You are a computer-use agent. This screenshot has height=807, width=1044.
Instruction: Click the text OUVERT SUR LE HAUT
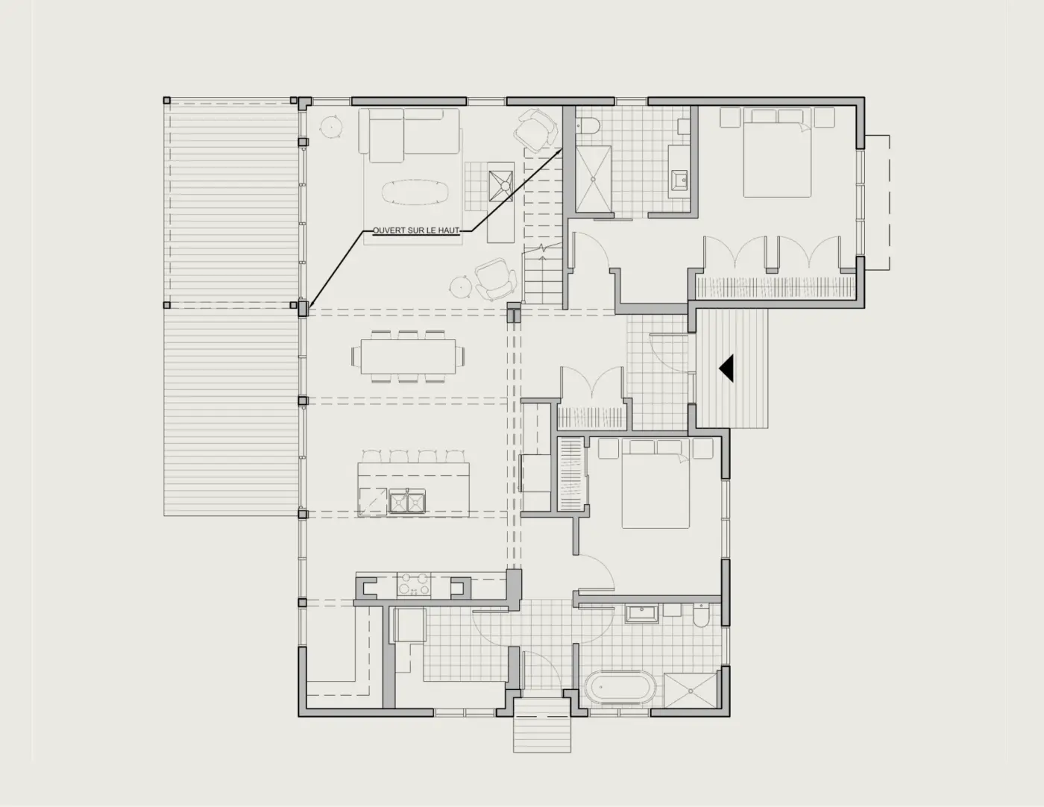pyautogui.click(x=416, y=230)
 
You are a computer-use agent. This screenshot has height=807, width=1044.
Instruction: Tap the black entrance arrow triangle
pyautogui.click(x=726, y=368)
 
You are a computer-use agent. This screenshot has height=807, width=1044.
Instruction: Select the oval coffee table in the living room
pyautogui.click(x=416, y=192)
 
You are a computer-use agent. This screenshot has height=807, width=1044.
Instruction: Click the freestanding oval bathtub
pyautogui.click(x=620, y=688)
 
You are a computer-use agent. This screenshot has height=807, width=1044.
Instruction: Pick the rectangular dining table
pyautogui.click(x=409, y=357)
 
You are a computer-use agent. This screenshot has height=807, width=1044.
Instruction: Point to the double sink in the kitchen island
pyautogui.click(x=407, y=502)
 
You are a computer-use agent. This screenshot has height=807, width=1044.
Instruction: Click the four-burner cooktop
pyautogui.click(x=414, y=585)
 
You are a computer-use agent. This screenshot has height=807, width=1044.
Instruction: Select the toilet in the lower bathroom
pyautogui.click(x=702, y=615)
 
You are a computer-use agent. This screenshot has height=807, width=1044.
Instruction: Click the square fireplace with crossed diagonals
pyautogui.click(x=501, y=186)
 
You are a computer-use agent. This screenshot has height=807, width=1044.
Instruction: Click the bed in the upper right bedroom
pyautogui.click(x=777, y=152)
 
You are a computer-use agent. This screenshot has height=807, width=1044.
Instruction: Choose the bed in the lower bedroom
pyautogui.click(x=655, y=484)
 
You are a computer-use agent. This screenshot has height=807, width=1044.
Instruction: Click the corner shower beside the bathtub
pyautogui.click(x=691, y=690)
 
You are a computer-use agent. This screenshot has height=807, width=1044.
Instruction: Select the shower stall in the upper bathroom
pyautogui.click(x=594, y=179)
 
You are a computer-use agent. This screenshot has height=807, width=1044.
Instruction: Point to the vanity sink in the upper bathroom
pyautogui.click(x=679, y=180)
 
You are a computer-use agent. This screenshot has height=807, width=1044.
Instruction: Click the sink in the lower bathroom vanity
pyautogui.click(x=642, y=615)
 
